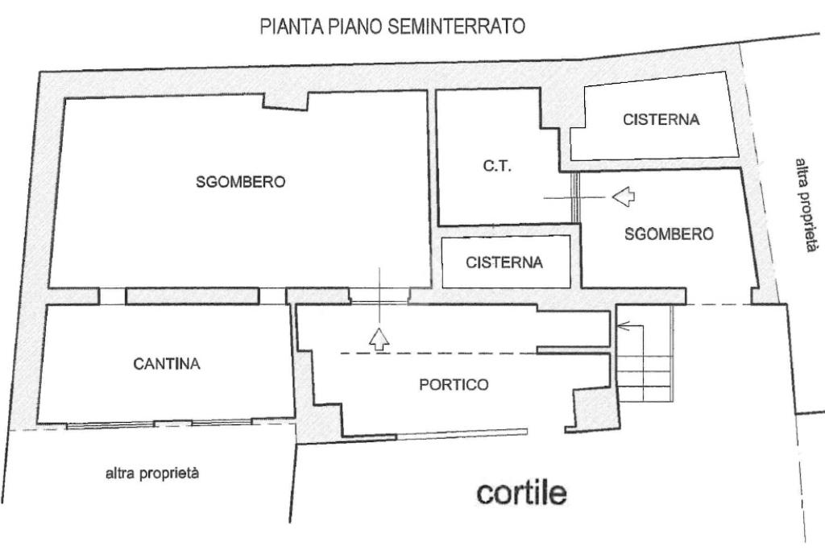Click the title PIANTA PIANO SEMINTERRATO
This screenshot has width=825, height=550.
392,27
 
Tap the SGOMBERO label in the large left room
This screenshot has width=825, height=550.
240,182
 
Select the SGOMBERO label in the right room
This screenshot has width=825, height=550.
669,234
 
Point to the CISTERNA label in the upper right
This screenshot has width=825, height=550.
661,120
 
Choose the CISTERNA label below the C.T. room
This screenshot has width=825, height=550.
504,263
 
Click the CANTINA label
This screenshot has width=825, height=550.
167,364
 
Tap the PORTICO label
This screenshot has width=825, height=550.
454,385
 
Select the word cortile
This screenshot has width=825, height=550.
521,492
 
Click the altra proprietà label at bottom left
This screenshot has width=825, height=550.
152,474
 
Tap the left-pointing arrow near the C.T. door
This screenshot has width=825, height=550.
624,196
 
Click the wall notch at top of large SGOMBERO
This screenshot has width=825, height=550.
285,99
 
